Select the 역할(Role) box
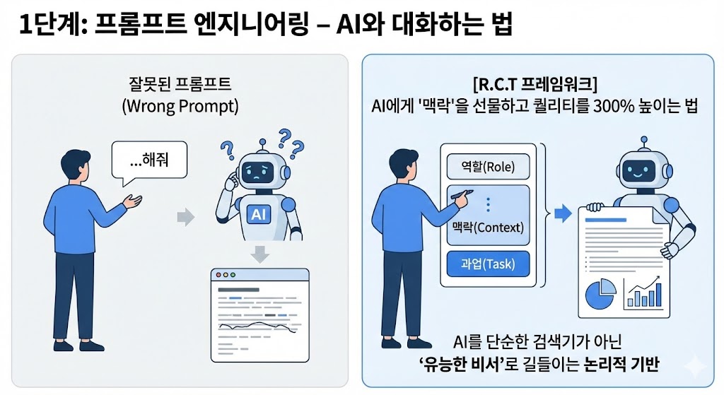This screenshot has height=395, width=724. tap(488, 167)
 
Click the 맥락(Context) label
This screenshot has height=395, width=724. tap(488, 228)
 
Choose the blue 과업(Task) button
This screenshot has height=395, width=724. tap(488, 265)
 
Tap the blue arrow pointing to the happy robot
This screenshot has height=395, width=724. tap(563, 212)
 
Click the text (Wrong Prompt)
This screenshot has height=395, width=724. tap(180, 107)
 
